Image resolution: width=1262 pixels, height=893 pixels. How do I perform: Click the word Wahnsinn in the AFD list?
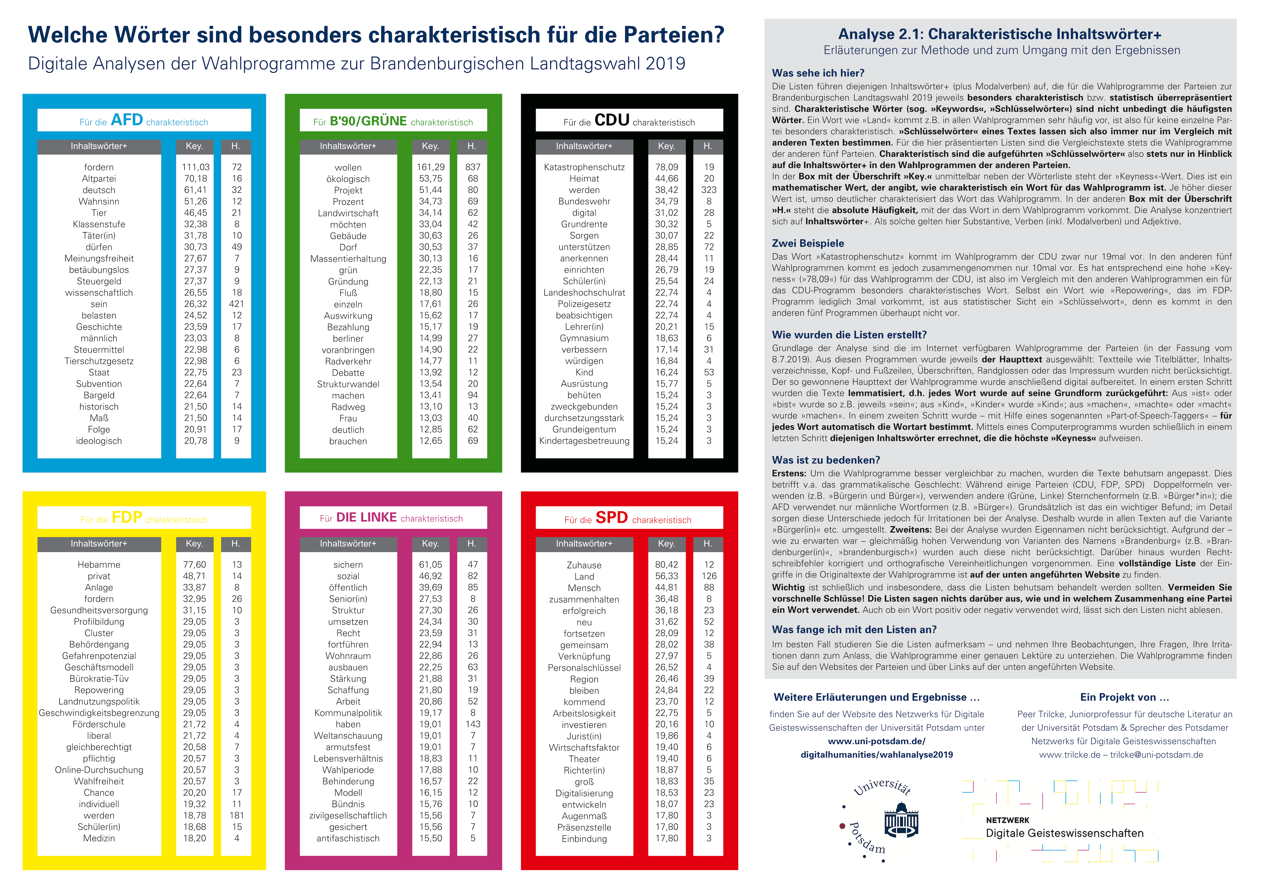point(99,201)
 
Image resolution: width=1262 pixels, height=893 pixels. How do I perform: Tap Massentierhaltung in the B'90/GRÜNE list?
point(348,258)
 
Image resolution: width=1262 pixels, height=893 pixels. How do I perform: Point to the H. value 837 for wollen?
point(472,167)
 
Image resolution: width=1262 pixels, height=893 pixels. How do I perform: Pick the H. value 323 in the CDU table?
point(708,190)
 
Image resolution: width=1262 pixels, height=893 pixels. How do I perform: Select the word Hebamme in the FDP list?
point(99,565)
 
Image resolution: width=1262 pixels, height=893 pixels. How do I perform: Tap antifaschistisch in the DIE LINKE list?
point(348,838)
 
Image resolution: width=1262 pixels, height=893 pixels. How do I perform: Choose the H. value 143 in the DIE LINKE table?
point(472,724)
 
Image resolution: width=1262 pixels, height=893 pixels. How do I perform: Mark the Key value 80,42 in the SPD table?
point(666,565)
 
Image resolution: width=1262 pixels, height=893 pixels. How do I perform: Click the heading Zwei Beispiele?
point(807,243)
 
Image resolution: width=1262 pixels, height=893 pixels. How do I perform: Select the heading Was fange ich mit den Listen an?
point(854,630)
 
